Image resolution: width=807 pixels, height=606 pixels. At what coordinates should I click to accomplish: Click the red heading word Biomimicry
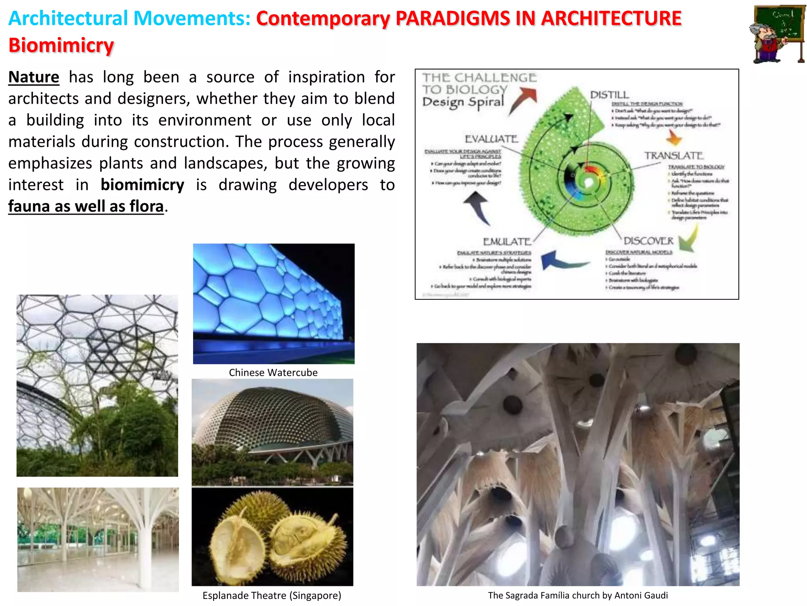61,45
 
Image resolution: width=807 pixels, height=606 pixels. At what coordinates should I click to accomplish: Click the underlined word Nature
33,77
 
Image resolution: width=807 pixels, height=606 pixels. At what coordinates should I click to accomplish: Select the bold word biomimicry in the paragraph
142,185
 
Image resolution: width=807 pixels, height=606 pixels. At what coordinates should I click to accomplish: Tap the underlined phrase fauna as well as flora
86,206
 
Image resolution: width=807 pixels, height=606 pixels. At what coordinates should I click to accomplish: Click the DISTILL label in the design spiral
609,95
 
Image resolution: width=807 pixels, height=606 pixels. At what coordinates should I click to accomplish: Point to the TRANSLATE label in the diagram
674,156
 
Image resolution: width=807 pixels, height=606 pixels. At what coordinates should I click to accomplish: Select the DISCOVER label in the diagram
648,241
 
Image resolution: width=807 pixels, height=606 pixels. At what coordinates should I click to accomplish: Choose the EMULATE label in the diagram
507,241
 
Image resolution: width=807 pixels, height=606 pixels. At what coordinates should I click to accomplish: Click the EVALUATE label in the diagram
491,139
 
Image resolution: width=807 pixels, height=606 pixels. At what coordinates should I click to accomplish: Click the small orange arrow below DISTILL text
674,138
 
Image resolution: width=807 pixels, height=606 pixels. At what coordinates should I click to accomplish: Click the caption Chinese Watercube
273,372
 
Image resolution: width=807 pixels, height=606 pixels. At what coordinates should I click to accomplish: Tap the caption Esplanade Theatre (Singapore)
272,595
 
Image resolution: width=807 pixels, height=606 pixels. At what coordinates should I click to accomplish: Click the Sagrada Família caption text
578,595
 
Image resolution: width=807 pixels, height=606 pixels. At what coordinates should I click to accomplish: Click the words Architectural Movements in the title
129,19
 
